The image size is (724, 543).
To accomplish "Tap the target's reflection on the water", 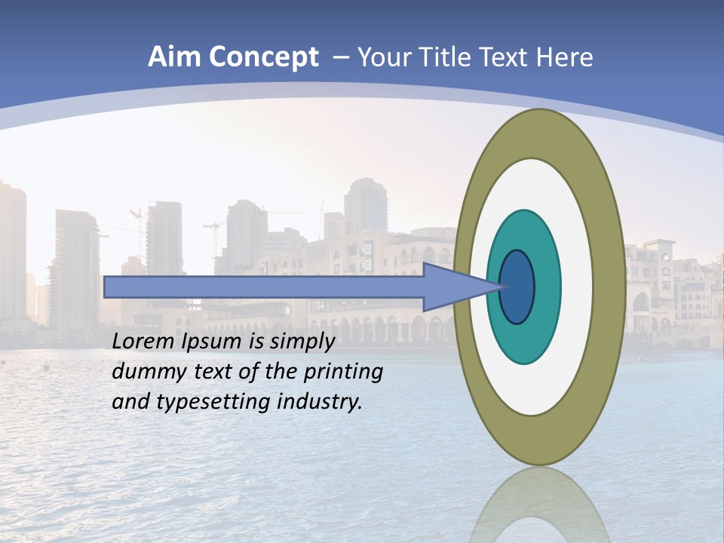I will click(x=539, y=505).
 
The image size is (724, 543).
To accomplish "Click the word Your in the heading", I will click(x=382, y=57).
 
